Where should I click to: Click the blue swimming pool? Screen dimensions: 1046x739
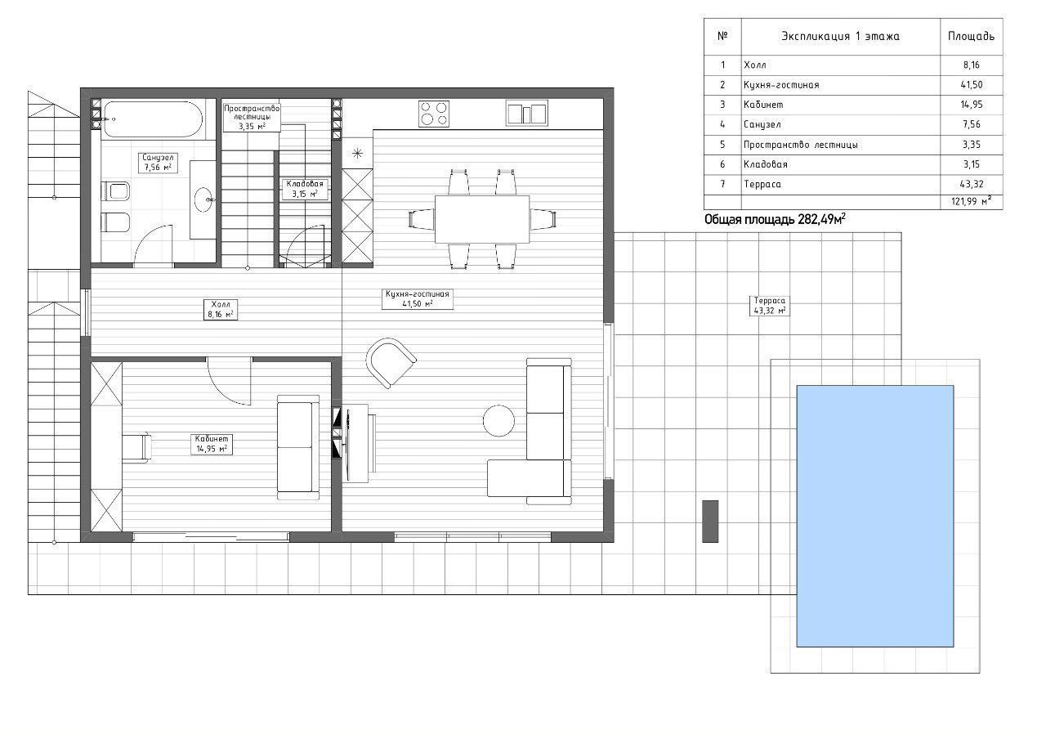point(874,516)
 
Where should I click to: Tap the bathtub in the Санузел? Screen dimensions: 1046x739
point(153,119)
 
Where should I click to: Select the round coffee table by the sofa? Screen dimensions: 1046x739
point(498,420)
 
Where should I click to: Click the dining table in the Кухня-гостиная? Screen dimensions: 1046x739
point(482,219)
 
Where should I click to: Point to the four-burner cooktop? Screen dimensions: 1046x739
point(434,114)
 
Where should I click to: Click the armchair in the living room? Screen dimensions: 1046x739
point(391,363)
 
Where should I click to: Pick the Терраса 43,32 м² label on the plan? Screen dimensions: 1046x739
point(770,306)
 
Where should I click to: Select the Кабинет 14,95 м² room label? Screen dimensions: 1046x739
point(212,444)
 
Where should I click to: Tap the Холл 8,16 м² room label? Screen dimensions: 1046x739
point(221,310)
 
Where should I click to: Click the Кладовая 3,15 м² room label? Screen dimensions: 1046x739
point(305,189)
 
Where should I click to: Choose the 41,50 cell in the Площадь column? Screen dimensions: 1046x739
point(972,85)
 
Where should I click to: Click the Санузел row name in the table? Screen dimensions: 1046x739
point(762,125)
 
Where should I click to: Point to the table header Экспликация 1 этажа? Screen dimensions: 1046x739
point(841,37)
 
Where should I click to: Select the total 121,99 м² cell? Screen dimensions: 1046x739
point(972,202)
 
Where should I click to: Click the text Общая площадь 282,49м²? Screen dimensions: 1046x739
point(775,220)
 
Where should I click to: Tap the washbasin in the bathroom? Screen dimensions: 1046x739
point(204,199)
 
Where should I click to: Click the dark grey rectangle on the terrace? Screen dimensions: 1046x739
point(710,522)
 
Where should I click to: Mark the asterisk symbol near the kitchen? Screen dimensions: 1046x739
point(357,153)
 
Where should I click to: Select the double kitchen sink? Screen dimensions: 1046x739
point(527,114)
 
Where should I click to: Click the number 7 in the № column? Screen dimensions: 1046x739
point(722,184)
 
